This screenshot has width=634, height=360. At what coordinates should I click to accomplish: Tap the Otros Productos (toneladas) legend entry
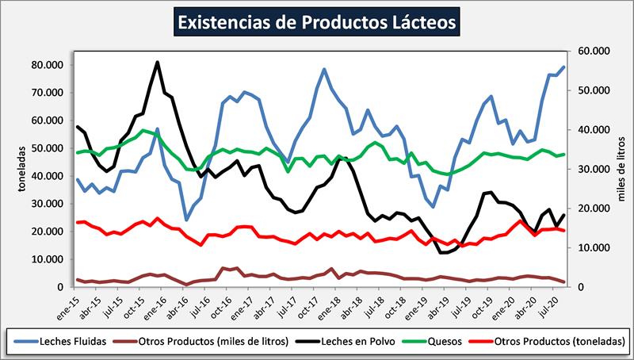pos(560,342)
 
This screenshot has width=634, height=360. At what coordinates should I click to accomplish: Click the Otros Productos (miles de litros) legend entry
pos(205,342)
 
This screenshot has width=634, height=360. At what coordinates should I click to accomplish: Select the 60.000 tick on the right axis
pos(588,51)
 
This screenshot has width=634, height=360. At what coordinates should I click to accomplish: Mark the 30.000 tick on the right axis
pos(588,169)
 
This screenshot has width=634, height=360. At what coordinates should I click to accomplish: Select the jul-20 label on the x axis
pos(545,304)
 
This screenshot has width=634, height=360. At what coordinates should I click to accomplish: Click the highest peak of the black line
pos(158,62)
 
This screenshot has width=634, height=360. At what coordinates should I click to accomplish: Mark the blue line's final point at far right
pos(563,67)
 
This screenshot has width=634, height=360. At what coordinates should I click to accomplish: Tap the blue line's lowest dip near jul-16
pos(186,220)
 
